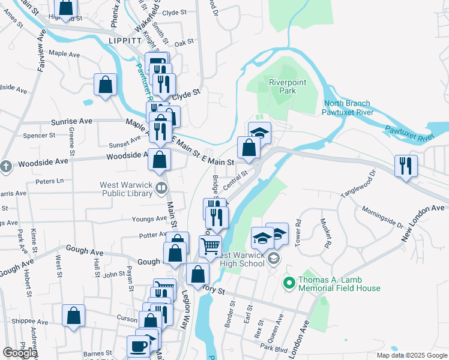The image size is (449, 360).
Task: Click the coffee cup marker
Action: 138,346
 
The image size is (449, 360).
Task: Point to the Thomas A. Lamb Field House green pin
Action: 289,281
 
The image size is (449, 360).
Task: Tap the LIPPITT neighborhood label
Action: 125,40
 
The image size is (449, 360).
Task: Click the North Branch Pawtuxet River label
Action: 347,107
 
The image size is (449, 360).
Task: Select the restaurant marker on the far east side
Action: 406,166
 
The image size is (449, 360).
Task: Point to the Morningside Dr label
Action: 383,217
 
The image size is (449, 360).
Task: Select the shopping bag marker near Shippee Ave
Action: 73,316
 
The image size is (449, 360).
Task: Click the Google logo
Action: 20,353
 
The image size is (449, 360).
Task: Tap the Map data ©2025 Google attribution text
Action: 411,355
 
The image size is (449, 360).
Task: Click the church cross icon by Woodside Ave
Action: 6,166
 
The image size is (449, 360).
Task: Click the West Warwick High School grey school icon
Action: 274,259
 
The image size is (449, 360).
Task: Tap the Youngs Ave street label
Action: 153,218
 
